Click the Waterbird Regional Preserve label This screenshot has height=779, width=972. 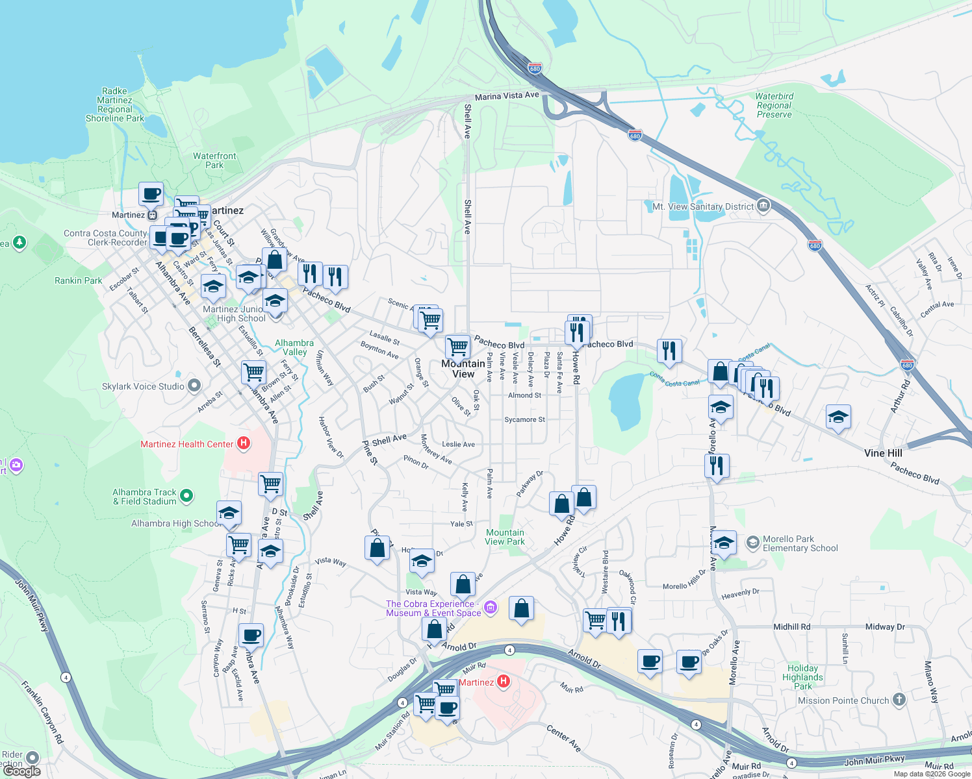click(x=774, y=105)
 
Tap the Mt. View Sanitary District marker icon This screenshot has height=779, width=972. click(x=763, y=206)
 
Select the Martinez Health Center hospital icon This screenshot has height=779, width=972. click(x=244, y=443)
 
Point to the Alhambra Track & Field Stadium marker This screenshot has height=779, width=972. click(x=186, y=497)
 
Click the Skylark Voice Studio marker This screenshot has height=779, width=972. click(x=194, y=386)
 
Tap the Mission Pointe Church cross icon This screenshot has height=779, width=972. click(x=899, y=700)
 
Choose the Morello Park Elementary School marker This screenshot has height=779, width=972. click(x=753, y=543)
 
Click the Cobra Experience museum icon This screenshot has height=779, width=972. click(x=491, y=608)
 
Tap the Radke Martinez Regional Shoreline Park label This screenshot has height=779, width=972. click(x=115, y=105)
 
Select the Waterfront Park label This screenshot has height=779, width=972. click(x=214, y=160)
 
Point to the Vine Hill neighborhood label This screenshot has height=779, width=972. click(x=883, y=453)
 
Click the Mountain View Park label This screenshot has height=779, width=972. click(x=505, y=537)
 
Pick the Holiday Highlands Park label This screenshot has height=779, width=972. click(x=802, y=677)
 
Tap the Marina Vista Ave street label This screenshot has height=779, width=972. click(x=507, y=96)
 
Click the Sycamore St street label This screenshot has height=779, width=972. click(x=524, y=420)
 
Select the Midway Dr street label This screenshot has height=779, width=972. click(x=885, y=626)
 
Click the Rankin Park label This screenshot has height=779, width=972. click(x=78, y=280)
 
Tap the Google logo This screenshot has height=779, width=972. click(x=22, y=771)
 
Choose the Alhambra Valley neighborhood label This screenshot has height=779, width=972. click(x=294, y=347)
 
